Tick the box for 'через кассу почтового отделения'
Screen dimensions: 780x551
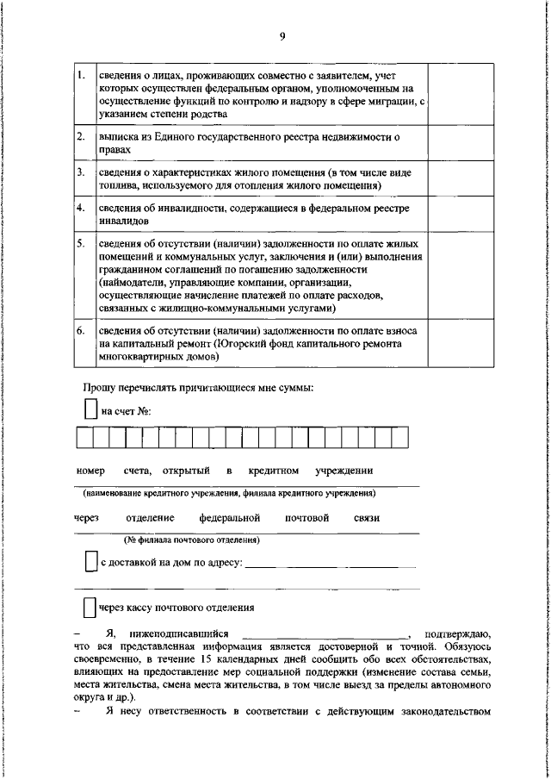coord(89,608)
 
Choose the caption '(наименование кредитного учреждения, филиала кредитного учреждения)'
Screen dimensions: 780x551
coord(228,494)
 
